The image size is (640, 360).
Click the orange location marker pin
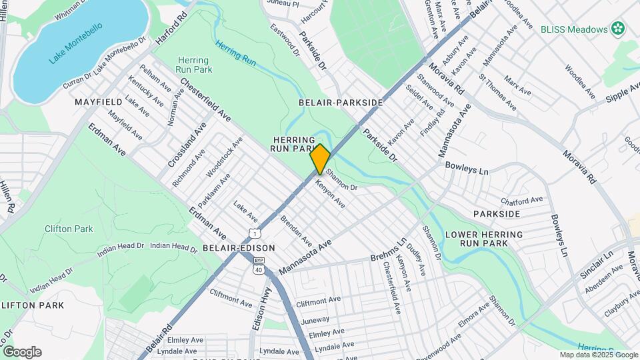coord(320,159)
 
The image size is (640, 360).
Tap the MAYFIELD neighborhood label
coord(98,102)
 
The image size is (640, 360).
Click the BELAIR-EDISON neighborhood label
coord(239,247)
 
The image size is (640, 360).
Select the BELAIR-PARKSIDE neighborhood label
coord(341,102)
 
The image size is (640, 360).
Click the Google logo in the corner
coord(22,352)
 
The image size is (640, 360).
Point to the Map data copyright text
coord(597,355)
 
